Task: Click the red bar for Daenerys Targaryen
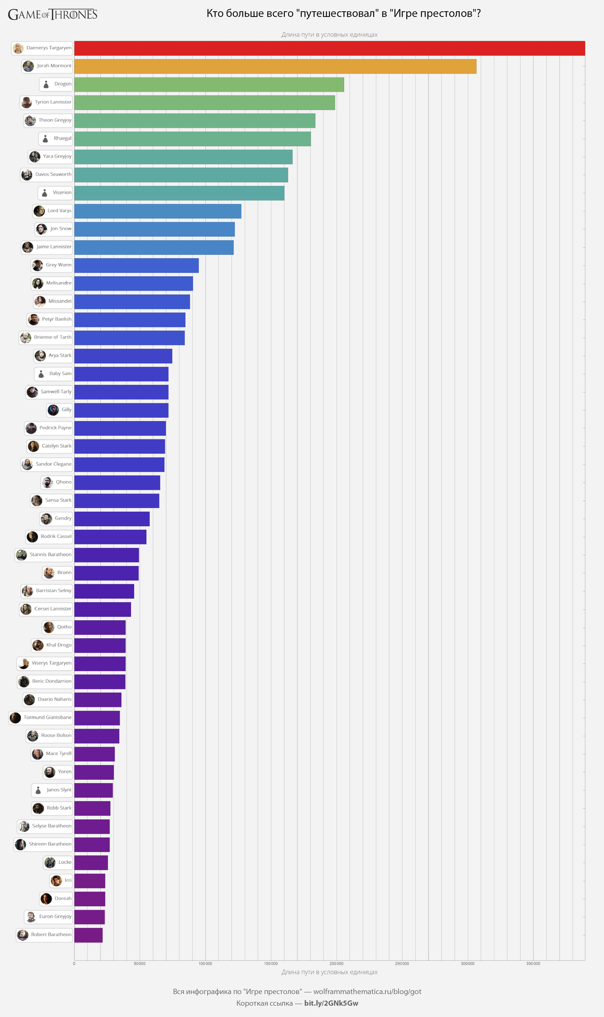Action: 329,48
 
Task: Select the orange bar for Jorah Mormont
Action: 275,66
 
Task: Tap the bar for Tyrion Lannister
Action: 204,103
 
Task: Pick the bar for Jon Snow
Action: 154,229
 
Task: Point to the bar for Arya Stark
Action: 123,356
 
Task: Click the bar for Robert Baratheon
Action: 88,935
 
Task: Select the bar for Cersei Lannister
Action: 103,609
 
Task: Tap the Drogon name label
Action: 63,84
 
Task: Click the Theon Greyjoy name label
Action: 55,120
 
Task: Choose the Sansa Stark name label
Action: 58,500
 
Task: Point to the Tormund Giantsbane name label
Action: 47,717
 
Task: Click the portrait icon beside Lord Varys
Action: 39,211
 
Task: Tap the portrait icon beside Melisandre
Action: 38,283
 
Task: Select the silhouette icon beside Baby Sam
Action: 41,374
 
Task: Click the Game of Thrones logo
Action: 52,14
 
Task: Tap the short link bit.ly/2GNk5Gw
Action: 331,1003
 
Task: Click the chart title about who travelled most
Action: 343,13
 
